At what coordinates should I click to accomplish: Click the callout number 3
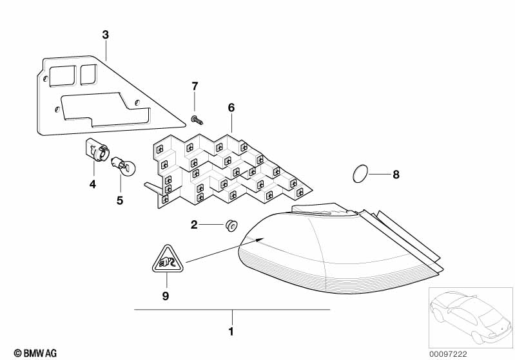coord(105,35)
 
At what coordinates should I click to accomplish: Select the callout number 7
coord(195,86)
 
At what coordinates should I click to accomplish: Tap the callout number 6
coord(231,108)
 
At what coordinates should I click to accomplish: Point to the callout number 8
coord(396,175)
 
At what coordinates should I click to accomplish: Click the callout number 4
coord(93,184)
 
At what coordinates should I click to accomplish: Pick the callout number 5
coord(120,200)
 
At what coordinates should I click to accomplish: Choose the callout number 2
coord(194,225)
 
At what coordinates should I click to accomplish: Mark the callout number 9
coord(166,296)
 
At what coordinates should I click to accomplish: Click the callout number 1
coord(231,332)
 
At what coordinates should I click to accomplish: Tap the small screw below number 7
coord(197,120)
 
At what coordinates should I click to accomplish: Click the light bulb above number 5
coord(123,166)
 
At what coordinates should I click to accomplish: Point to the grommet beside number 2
coord(231,225)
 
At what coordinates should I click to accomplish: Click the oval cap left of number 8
coord(360,174)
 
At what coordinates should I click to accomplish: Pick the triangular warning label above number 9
coord(168,260)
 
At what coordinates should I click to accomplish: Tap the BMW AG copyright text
coord(35,353)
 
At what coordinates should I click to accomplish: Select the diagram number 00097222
coord(448,354)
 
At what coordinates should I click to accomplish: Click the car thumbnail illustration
coord(471,317)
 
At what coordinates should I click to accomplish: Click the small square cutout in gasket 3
coord(88,74)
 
